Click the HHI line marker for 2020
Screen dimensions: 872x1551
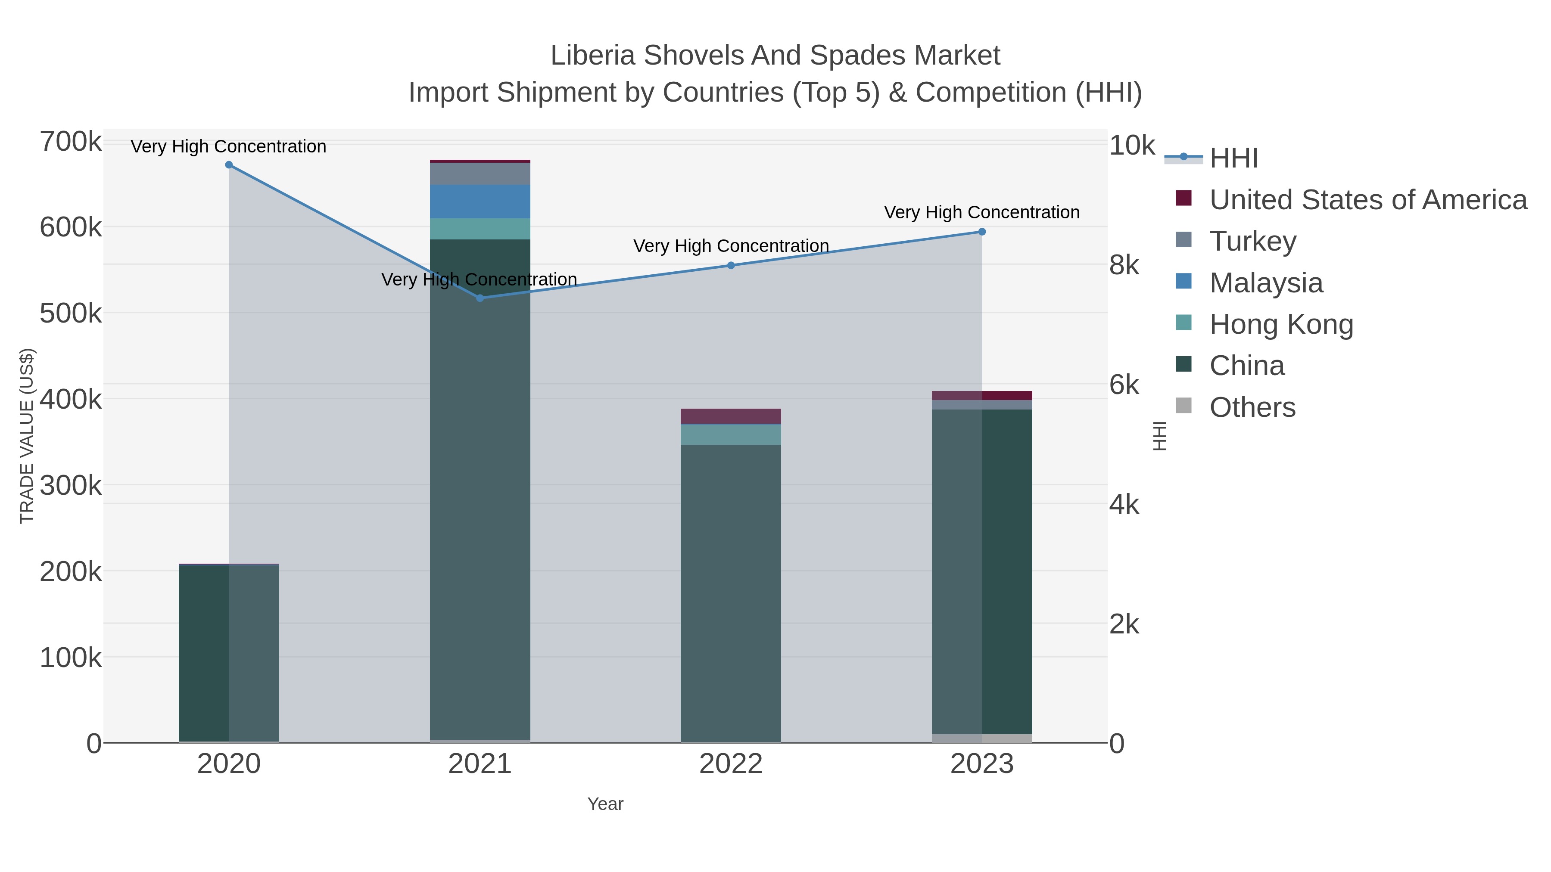(229, 165)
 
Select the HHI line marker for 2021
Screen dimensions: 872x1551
(480, 298)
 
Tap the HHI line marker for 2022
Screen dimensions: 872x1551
(731, 265)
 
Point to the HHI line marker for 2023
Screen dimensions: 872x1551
(982, 232)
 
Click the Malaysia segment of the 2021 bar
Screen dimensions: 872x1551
(480, 202)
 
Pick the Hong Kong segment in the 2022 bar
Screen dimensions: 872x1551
(731, 435)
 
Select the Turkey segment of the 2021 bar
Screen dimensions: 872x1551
(480, 174)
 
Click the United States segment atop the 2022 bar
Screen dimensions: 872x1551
(731, 416)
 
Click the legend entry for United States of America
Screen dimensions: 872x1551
(1367, 200)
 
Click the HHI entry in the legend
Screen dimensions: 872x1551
(1233, 158)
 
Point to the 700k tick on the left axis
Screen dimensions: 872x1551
(71, 142)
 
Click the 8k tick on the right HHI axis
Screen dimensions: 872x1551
(1124, 265)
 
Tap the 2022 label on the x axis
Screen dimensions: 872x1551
(731, 764)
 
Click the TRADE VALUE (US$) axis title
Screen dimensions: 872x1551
(27, 436)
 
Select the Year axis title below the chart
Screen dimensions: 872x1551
(605, 804)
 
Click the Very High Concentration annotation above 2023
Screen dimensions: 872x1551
(981, 212)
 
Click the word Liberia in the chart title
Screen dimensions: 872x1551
(592, 56)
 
